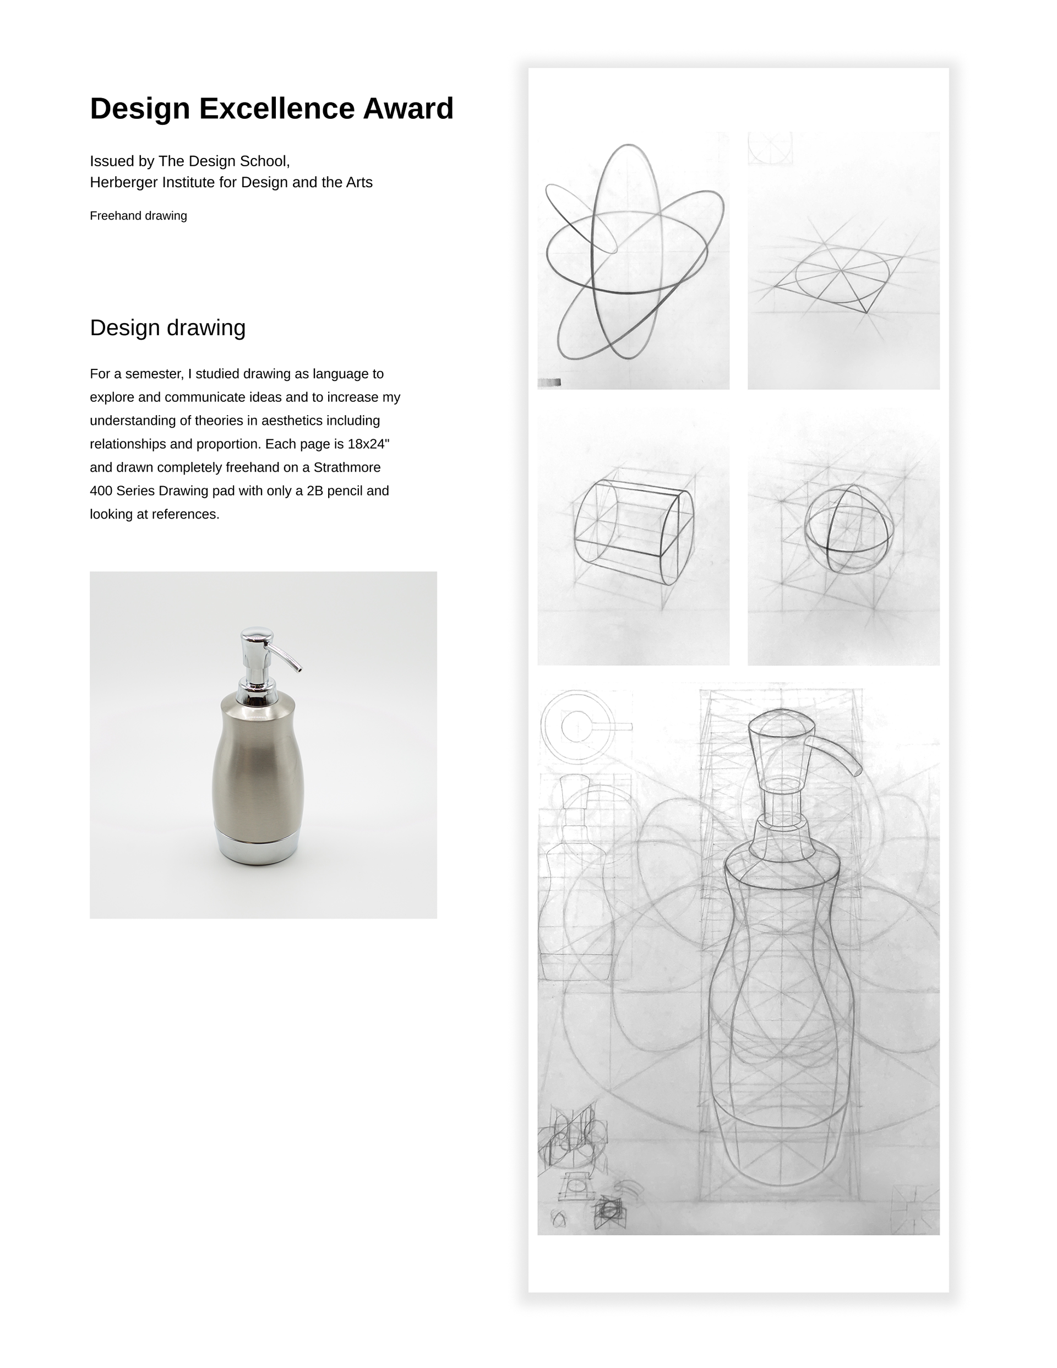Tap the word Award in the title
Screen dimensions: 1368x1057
tap(408, 109)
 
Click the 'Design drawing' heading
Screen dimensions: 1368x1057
tap(167, 328)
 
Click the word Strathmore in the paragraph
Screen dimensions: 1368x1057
tap(347, 467)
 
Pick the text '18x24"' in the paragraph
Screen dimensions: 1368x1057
tap(368, 444)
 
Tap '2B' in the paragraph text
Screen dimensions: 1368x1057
tap(315, 491)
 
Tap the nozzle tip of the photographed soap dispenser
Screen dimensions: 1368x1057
tap(299, 669)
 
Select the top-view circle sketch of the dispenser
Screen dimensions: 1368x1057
tap(577, 727)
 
